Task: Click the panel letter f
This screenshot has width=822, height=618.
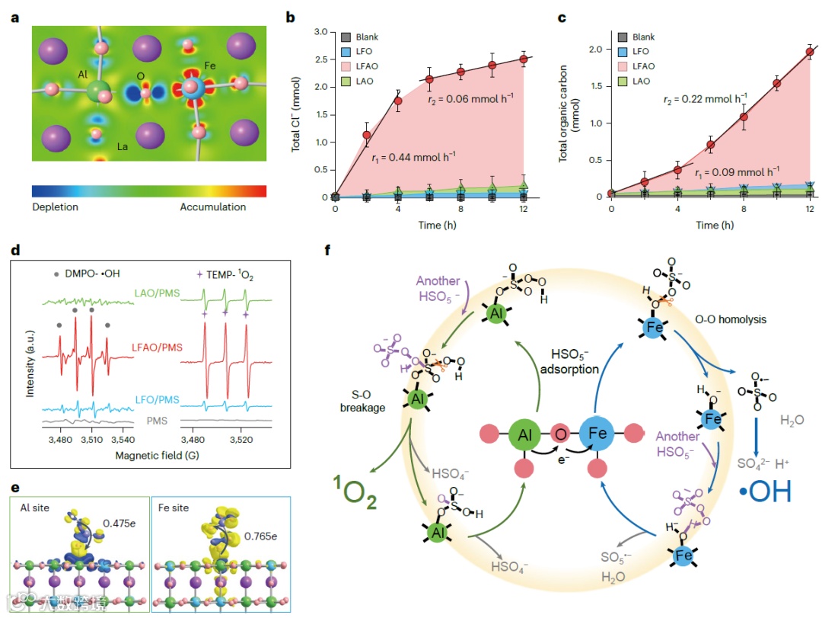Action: tap(328, 248)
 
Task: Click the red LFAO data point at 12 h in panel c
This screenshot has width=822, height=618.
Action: tap(809, 53)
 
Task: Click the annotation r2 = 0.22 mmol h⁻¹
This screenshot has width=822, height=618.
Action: tap(704, 99)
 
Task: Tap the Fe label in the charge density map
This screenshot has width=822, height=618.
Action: tap(210, 66)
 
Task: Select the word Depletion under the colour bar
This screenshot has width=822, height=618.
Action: tap(56, 207)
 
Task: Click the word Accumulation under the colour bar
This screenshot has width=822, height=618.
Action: tap(212, 207)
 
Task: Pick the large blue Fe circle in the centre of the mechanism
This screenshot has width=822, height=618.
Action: tap(597, 435)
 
